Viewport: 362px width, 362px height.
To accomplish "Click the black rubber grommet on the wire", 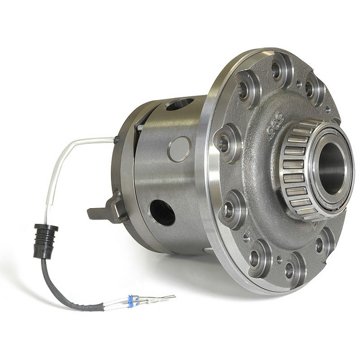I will (x=45, y=241).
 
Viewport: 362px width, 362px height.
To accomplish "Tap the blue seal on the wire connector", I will (x=130, y=301).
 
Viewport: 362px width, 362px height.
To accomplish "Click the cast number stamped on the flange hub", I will (x=275, y=125).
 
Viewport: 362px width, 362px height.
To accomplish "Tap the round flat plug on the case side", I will (x=179, y=148).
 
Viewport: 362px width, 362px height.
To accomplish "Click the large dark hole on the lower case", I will (x=162, y=212).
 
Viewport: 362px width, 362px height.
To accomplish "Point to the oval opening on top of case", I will (x=180, y=103).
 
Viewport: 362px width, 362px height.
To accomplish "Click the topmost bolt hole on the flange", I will (x=277, y=70).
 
